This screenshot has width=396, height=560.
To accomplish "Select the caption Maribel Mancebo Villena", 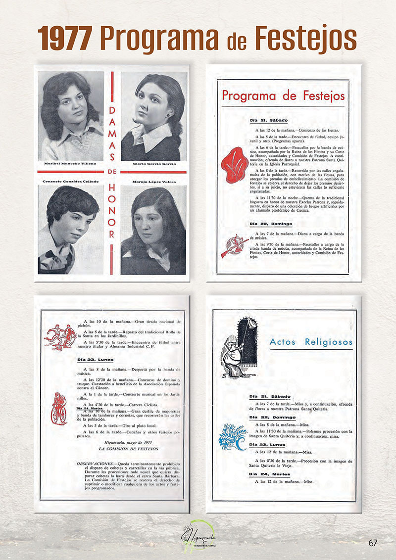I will pyautogui.click(x=70, y=164).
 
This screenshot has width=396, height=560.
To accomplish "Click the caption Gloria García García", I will pyautogui.click(x=154, y=164).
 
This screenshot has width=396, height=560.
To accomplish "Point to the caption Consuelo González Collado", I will pyautogui.click(x=70, y=182).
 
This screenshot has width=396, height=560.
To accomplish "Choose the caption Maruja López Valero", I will pyautogui.click(x=154, y=182).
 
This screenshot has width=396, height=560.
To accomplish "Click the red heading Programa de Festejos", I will pyautogui.click(x=283, y=95).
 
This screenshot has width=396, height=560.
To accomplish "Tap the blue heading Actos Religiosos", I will pyautogui.click(x=311, y=342).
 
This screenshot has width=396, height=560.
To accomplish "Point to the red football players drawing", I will pyautogui.click(x=60, y=336).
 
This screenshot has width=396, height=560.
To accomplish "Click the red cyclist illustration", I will pyautogui.click(x=58, y=408).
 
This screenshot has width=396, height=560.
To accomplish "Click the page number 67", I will pyautogui.click(x=373, y=543).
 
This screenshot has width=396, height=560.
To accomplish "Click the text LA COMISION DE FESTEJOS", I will pyautogui.click(x=129, y=449).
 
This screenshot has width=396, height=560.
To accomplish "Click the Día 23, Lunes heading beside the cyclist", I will pyautogui.click(x=96, y=360).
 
